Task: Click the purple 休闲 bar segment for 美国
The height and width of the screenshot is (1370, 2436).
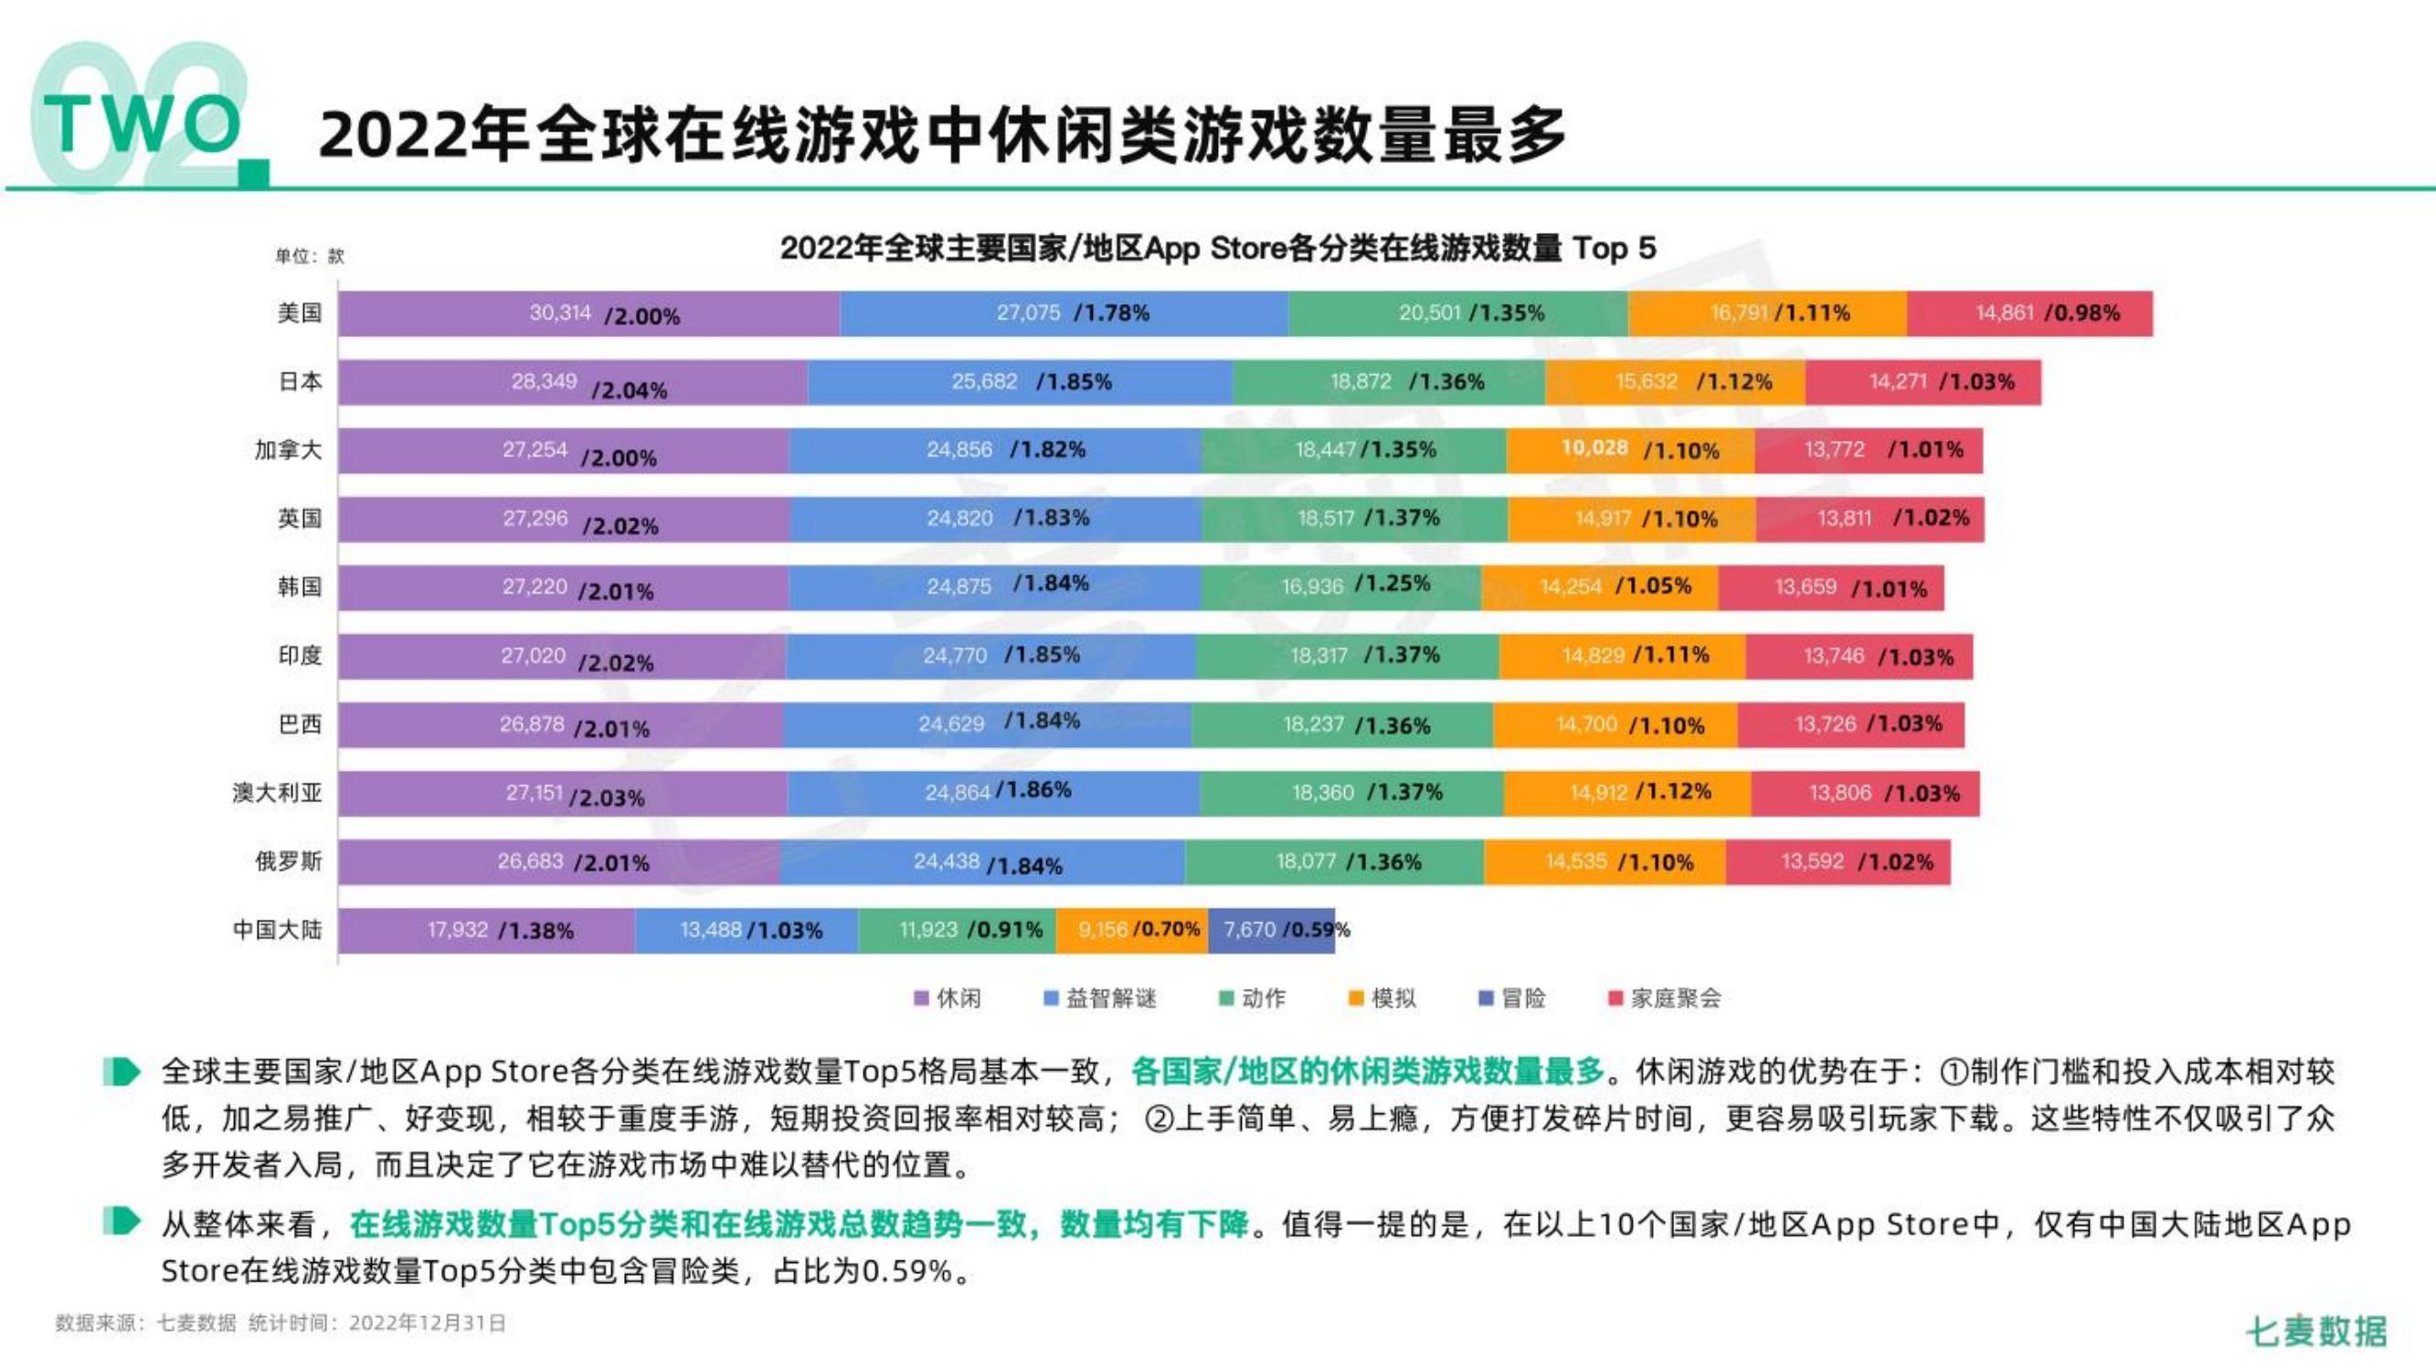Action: [588, 313]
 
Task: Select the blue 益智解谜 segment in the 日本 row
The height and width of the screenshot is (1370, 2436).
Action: [1020, 382]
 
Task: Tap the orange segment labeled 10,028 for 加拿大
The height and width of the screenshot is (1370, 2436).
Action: [1629, 450]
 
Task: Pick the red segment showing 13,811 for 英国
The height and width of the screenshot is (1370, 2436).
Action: [1869, 519]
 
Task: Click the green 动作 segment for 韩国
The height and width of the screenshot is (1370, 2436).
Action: [1340, 587]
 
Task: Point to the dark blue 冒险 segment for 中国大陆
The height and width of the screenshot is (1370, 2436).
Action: [1270, 931]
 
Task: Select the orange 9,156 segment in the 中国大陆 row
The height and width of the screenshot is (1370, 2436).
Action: [1130, 931]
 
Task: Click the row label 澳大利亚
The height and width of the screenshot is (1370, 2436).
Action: [277, 792]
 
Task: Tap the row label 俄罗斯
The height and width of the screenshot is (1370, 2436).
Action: [289, 861]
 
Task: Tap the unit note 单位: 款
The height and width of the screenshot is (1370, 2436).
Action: [309, 257]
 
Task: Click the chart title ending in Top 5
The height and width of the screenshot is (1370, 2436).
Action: [1217, 248]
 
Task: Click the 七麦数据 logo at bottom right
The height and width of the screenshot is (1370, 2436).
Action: [2316, 1331]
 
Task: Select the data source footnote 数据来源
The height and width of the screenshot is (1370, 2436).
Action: [280, 1323]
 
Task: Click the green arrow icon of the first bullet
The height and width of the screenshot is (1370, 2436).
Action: [121, 1072]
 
